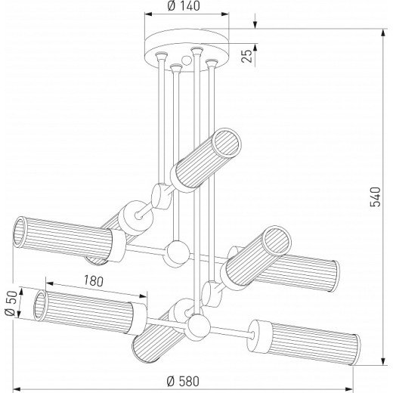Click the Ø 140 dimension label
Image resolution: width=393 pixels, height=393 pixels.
tap(184, 6)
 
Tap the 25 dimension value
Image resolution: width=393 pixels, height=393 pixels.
tap(247, 56)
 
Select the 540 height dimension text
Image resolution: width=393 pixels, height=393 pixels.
tap(376, 196)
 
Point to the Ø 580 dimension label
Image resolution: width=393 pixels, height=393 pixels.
tap(183, 381)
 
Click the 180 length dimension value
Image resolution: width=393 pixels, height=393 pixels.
tap(94, 281)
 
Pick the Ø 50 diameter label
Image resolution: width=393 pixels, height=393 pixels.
tap(11, 303)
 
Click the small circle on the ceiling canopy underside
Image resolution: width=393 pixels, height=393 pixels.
tap(187, 60)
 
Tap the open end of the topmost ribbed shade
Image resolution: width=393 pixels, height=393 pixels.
tap(227, 143)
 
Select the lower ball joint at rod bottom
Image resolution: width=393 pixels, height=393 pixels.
tap(199, 326)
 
